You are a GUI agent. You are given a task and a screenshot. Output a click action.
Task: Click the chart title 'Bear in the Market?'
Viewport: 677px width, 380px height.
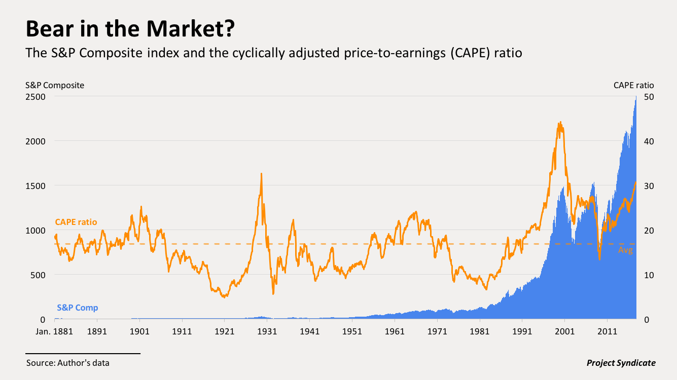click(x=130, y=29)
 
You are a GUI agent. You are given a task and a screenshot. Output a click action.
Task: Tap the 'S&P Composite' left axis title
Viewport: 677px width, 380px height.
click(x=55, y=85)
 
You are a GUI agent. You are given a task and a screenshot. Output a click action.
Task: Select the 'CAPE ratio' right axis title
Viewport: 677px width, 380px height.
click(x=633, y=85)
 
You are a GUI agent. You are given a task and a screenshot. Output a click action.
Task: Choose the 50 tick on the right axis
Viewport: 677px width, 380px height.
click(x=648, y=96)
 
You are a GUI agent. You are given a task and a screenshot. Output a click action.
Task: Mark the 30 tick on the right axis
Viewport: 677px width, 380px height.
click(x=648, y=185)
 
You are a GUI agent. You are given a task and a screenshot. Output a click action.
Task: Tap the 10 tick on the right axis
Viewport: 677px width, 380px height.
click(x=648, y=275)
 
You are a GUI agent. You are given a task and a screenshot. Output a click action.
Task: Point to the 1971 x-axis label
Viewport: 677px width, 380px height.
click(x=437, y=332)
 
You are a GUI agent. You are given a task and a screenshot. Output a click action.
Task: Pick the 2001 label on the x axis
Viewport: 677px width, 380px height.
click(x=564, y=332)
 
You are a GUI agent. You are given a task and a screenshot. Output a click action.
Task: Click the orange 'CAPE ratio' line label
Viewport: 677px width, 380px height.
click(x=76, y=222)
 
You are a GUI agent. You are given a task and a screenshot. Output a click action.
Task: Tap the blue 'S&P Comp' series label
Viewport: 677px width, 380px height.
click(x=78, y=308)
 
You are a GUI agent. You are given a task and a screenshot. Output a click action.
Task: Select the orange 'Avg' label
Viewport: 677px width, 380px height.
click(x=625, y=250)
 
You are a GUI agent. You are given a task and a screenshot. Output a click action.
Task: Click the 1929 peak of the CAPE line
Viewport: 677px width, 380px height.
click(x=261, y=174)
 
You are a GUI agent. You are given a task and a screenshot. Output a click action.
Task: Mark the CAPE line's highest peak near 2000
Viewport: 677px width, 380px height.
click(x=560, y=122)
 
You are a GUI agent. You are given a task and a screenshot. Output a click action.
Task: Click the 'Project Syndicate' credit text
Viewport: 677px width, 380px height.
click(x=621, y=363)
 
